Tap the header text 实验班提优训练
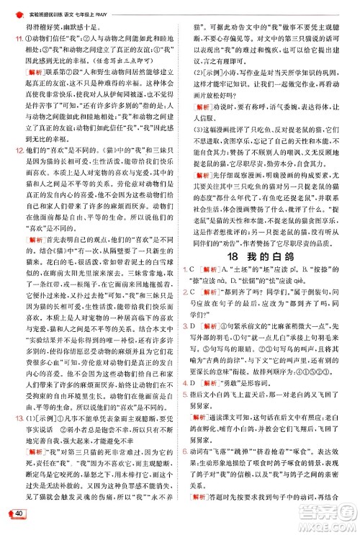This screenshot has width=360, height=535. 45,7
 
